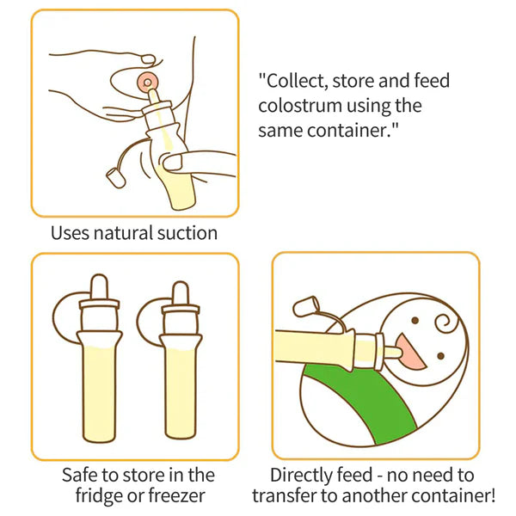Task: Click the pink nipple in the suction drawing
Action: (148, 83)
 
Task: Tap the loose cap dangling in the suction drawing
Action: (114, 179)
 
